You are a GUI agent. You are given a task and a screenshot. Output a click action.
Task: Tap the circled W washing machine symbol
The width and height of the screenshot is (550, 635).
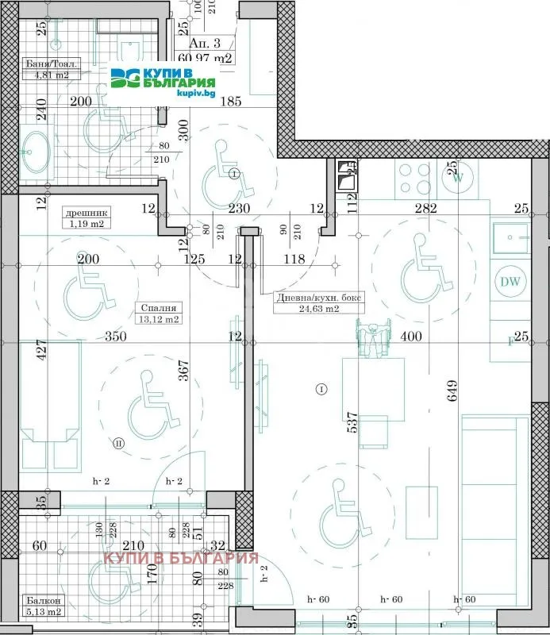[458, 178]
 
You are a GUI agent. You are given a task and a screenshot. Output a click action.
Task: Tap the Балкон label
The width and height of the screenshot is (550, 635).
[39, 602]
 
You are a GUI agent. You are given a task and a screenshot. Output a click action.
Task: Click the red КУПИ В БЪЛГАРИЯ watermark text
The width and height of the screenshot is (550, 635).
[181, 558]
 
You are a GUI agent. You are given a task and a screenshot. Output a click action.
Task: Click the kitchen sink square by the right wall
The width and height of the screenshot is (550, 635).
[509, 237]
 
